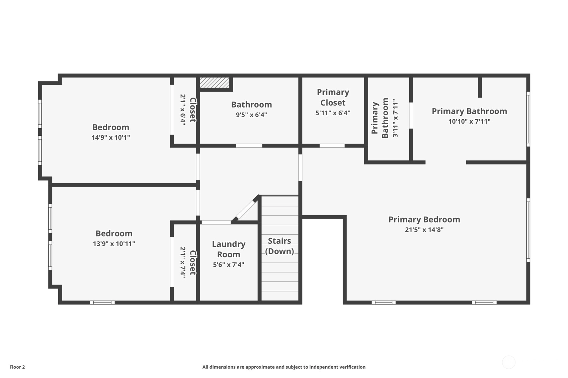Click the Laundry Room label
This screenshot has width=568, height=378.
click(229, 249)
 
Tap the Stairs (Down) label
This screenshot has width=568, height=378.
click(279, 246)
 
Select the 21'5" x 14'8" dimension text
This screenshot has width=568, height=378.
click(424, 230)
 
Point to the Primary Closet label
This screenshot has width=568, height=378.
click(333, 98)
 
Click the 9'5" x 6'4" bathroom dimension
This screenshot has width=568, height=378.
click(251, 115)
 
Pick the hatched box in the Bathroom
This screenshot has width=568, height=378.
click(215, 83)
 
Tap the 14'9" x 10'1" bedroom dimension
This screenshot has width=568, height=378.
click(111, 137)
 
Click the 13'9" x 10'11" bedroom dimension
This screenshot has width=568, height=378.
click(114, 244)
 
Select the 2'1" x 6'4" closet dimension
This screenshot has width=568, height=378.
click(183, 110)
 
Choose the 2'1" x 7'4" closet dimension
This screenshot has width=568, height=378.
click(183, 262)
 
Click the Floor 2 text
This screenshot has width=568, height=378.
click(17, 367)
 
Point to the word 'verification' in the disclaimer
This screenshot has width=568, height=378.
click(351, 367)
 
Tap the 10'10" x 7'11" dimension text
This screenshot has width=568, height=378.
click(469, 122)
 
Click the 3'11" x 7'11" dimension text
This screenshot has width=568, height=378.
click(395, 118)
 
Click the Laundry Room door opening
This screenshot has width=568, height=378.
click(216, 222)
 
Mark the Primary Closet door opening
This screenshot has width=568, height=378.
click(332, 146)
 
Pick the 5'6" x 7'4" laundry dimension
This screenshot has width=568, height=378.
click(229, 265)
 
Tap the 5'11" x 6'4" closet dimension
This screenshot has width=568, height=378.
click(333, 113)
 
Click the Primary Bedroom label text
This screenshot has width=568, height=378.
click(424, 220)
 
